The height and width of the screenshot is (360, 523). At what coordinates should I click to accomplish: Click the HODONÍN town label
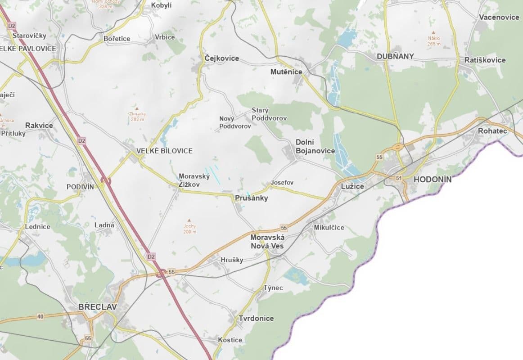(x=432, y=179)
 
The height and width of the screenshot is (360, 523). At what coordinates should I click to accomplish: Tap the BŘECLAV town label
(x=97, y=307)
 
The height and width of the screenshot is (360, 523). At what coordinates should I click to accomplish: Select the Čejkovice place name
(x=221, y=58)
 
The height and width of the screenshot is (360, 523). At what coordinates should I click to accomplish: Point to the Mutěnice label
(x=286, y=72)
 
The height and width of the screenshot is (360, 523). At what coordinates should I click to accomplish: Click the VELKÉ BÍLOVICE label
(x=164, y=151)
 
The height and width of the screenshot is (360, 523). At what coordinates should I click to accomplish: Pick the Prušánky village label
(x=252, y=198)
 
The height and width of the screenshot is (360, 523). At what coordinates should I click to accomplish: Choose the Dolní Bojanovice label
(x=315, y=147)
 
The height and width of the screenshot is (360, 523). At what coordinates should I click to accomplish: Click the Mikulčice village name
(x=329, y=228)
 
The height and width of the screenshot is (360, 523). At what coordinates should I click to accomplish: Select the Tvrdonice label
(x=256, y=319)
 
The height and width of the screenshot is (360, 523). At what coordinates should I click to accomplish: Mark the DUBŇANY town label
(x=395, y=57)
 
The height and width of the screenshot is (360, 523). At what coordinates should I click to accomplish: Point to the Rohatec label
(x=492, y=131)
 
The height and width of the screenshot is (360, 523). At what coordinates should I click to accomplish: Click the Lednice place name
(x=37, y=227)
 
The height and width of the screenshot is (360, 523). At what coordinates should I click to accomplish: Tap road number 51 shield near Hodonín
(x=398, y=179)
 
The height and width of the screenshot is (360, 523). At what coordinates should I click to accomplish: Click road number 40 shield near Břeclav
(x=41, y=317)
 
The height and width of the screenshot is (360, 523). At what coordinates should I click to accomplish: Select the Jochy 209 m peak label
(x=190, y=229)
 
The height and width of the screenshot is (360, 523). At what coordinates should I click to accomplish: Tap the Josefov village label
(x=282, y=183)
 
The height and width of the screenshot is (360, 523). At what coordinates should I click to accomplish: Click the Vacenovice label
(x=499, y=17)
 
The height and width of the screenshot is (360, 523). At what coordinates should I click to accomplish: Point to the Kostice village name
(x=230, y=340)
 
